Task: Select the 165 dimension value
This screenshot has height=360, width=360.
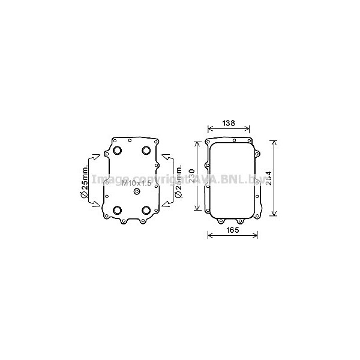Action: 233,230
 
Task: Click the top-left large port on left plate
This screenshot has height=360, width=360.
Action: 117,150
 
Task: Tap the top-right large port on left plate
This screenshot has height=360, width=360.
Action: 146,150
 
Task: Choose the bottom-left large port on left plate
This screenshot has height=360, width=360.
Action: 117,209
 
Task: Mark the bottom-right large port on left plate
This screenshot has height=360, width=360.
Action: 146,209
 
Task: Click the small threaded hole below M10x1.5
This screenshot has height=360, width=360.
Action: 137,191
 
